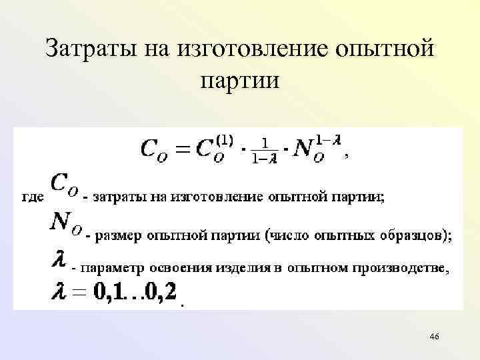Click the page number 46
tap(435, 337)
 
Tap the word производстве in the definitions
tap(403, 268)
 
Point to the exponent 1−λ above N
tap(329, 140)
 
